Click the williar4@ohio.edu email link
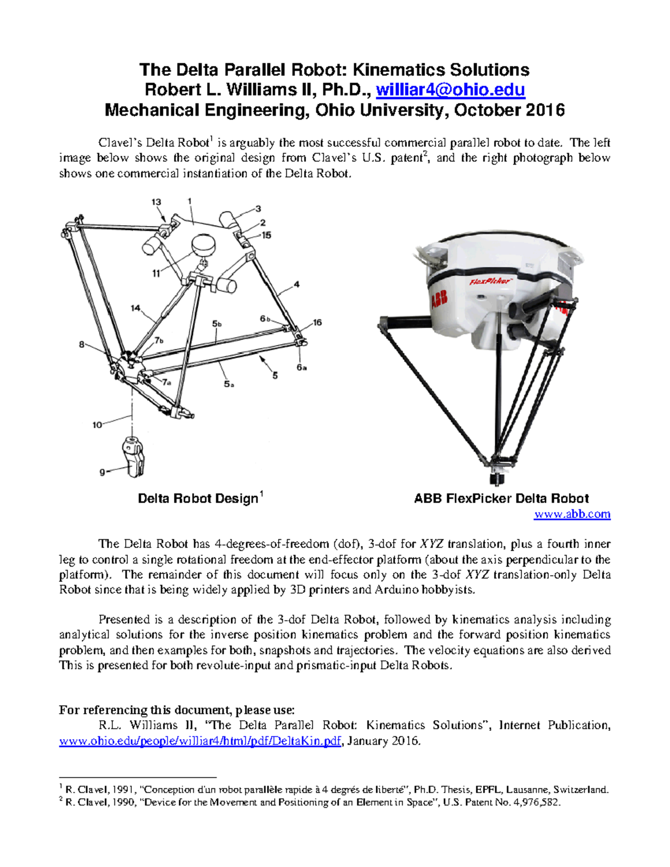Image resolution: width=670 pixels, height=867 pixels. click(x=450, y=90)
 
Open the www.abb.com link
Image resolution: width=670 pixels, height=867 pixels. click(x=572, y=514)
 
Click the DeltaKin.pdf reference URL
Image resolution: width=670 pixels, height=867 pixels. click(x=200, y=741)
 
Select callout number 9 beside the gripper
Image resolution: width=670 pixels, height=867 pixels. click(x=102, y=472)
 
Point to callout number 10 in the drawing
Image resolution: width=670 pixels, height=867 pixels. click(x=97, y=425)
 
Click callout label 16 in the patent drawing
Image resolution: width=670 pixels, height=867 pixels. click(x=317, y=323)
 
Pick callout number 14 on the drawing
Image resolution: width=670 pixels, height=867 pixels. click(x=135, y=308)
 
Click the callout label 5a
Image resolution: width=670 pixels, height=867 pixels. click(x=229, y=384)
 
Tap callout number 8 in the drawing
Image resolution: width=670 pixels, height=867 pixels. click(x=82, y=344)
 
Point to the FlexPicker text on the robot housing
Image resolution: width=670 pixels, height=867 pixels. click(x=490, y=281)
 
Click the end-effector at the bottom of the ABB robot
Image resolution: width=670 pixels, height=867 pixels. click(x=495, y=479)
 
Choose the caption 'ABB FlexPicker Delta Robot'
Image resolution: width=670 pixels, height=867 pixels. click(x=501, y=499)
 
